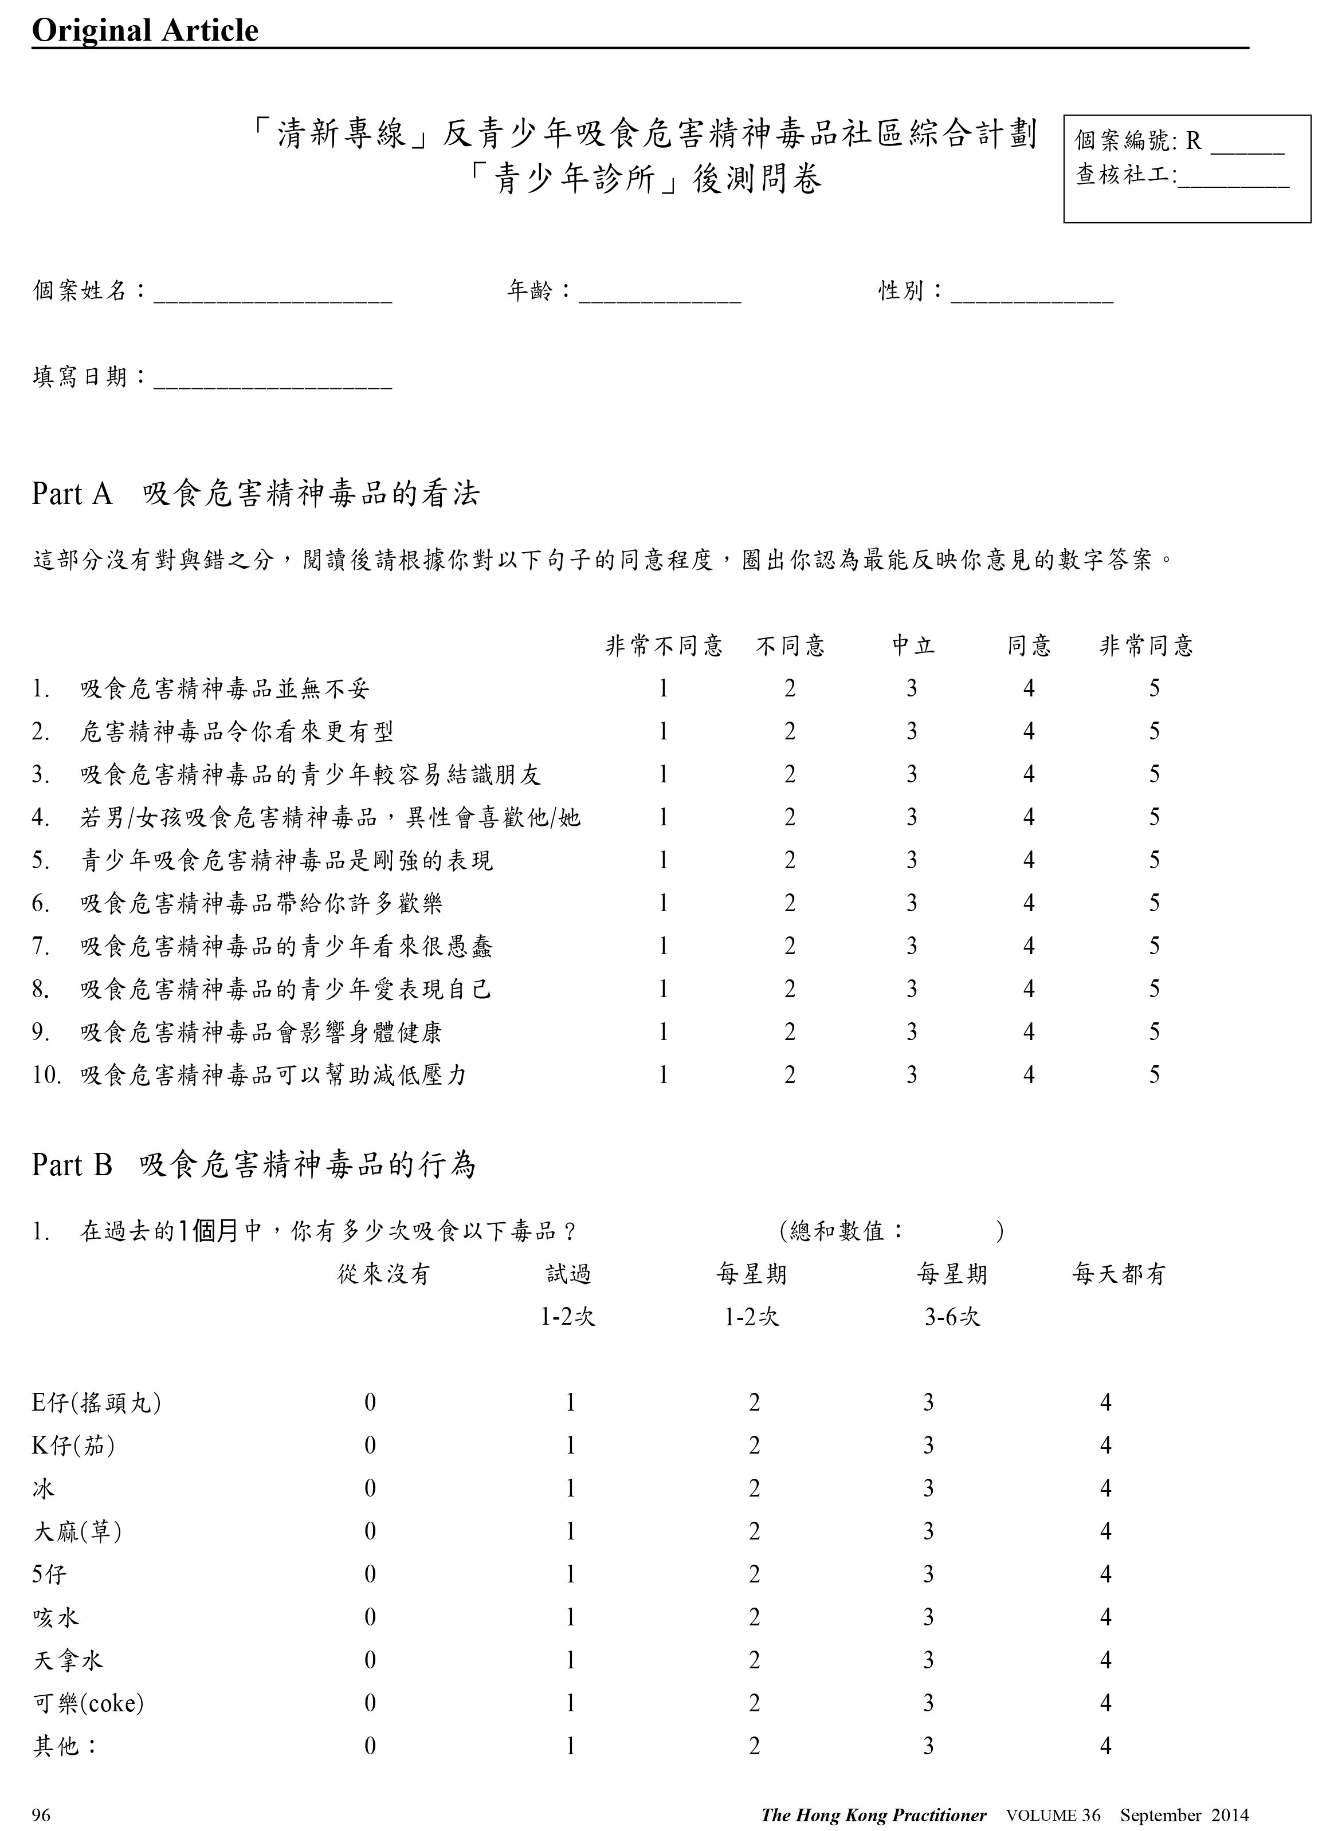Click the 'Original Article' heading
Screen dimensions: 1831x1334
click(146, 31)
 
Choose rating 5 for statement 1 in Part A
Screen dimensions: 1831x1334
click(1154, 688)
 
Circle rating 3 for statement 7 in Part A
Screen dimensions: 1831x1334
click(912, 946)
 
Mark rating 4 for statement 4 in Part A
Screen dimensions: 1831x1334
click(1029, 818)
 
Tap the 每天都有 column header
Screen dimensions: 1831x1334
click(1119, 1275)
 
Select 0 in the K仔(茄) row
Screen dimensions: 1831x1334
click(370, 1445)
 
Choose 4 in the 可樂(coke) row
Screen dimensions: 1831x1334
click(1105, 1703)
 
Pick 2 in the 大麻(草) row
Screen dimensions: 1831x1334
click(754, 1531)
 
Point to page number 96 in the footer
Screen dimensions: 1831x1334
click(41, 1813)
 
